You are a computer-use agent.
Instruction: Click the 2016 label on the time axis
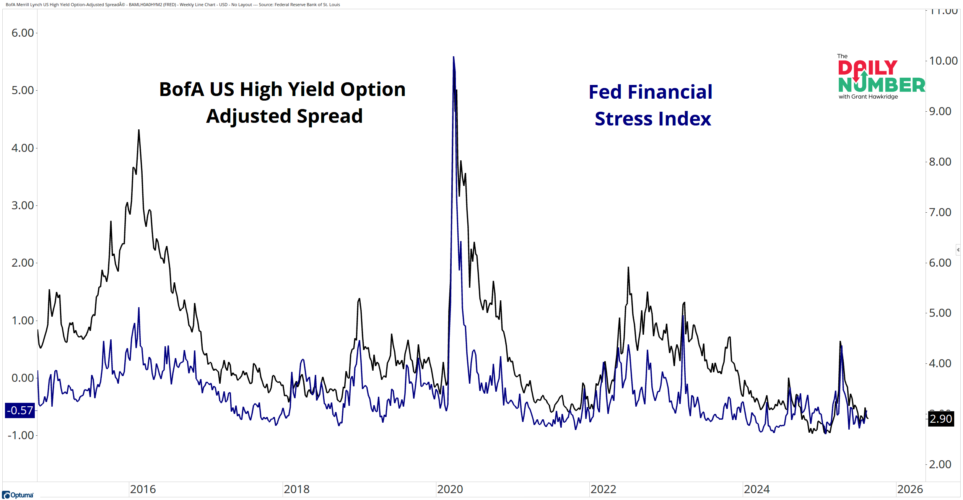coord(143,489)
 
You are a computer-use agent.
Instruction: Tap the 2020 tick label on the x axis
coord(450,489)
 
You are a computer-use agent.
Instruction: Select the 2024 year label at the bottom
coord(756,489)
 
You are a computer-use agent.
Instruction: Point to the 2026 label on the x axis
coord(910,489)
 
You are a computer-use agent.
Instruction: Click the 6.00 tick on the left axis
coord(23,33)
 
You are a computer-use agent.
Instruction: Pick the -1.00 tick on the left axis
coord(21,435)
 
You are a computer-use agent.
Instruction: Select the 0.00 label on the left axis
coord(23,378)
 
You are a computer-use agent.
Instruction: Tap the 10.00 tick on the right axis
coord(943,61)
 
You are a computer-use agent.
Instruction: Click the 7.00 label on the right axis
coord(940,212)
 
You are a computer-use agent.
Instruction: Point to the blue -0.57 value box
coord(20,410)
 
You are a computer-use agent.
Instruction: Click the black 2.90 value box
coord(941,419)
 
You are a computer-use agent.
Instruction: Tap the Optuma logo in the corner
coord(18,495)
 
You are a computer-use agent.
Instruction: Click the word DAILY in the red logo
coord(867,68)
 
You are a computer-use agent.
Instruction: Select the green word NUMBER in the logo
coord(882,85)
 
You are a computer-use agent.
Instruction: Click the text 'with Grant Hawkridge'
coord(868,97)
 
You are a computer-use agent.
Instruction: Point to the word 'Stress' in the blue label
coord(623,119)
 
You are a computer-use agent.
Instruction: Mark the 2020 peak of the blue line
coord(454,57)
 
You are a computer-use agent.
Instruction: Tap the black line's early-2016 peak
coord(139,130)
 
